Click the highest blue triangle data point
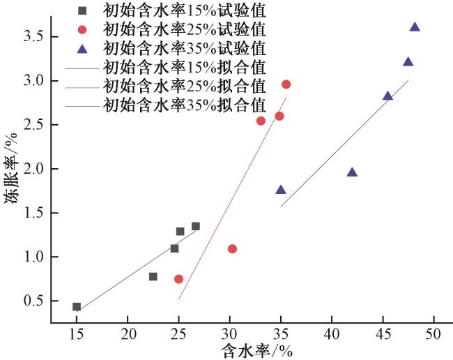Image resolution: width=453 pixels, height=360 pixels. pyautogui.click(x=415, y=27)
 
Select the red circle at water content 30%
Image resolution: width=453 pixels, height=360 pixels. pyautogui.click(x=232, y=248)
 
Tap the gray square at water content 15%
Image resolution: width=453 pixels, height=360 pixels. pyautogui.click(x=77, y=306)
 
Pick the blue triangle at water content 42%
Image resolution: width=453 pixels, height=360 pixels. pyautogui.click(x=352, y=172)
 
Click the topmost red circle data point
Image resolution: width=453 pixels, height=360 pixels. pyautogui.click(x=286, y=84)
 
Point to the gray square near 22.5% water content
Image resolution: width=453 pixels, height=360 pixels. pyautogui.click(x=153, y=276)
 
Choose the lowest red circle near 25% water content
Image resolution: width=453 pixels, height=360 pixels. pyautogui.click(x=178, y=279)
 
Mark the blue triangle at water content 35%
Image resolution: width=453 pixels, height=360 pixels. pyautogui.click(x=281, y=190)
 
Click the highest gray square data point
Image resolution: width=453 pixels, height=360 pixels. pyautogui.click(x=196, y=226)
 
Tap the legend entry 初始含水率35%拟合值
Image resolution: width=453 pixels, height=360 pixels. pyautogui.click(x=184, y=105)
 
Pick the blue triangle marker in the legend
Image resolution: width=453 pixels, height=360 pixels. pyautogui.click(x=82, y=49)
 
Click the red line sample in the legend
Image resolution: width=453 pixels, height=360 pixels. pyautogui.click(x=82, y=87)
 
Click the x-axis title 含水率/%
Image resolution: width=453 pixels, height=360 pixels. pyautogui.click(x=257, y=350)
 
